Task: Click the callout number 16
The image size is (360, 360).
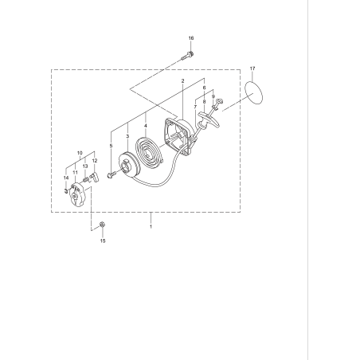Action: (190, 38)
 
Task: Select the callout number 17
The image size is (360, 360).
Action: (252, 69)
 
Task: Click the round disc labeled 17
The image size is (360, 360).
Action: (252, 95)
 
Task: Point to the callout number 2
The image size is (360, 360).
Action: (182, 80)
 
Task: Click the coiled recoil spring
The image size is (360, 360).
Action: (149, 151)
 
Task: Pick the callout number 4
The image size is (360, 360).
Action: (146, 125)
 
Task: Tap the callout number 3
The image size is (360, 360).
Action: (127, 137)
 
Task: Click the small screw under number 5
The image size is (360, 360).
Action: (111, 173)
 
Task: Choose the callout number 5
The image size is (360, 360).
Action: (111, 146)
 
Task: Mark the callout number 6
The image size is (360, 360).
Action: (204, 88)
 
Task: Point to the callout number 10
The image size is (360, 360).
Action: (80, 151)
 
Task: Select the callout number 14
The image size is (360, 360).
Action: (66, 178)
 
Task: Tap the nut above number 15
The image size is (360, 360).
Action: (103, 225)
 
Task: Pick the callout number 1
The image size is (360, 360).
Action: (151, 227)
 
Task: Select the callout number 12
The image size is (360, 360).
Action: (95, 161)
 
